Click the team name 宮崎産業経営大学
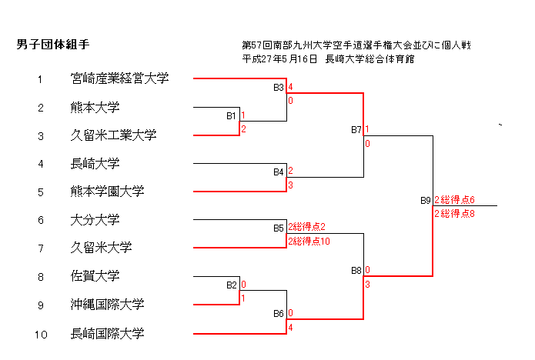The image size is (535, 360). pyautogui.click(x=119, y=78)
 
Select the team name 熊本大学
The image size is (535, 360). pyautogui.click(x=95, y=107)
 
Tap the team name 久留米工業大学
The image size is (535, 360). pyautogui.click(x=113, y=135)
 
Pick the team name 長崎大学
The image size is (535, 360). pyautogui.click(x=95, y=163)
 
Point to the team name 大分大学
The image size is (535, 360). pyautogui.click(x=95, y=220)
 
